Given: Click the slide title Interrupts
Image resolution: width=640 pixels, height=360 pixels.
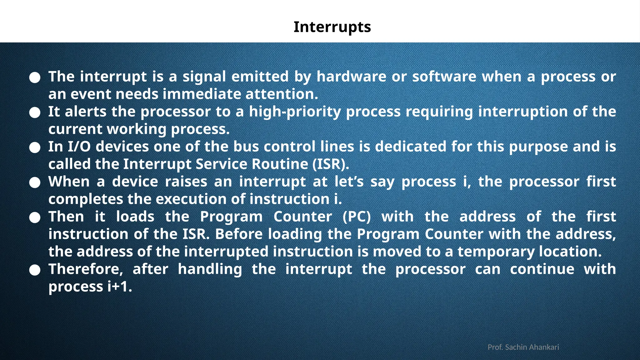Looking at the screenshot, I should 332,27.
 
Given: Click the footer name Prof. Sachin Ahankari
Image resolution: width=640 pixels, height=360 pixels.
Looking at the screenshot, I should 523,347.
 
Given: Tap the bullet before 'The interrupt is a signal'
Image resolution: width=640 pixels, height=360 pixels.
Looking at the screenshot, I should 35,78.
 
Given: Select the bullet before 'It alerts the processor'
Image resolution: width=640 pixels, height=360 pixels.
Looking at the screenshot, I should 35,113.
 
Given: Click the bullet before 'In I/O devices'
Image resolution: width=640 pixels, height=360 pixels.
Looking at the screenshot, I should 35,148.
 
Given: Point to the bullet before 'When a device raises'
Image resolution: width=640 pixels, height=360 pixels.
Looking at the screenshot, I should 35,183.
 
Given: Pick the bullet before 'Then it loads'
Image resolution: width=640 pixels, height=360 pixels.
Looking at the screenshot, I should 35,218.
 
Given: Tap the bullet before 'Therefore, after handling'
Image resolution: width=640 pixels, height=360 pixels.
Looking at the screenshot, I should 35,270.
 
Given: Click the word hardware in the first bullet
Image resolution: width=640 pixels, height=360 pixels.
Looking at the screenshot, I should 351,77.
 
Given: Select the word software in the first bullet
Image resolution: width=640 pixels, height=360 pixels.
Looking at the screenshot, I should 444,77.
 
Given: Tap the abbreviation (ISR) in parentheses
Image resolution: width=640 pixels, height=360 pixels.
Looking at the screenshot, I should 331,164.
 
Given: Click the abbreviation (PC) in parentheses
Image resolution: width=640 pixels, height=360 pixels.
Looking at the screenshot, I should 357,217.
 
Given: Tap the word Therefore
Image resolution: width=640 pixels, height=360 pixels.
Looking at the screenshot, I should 86,269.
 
